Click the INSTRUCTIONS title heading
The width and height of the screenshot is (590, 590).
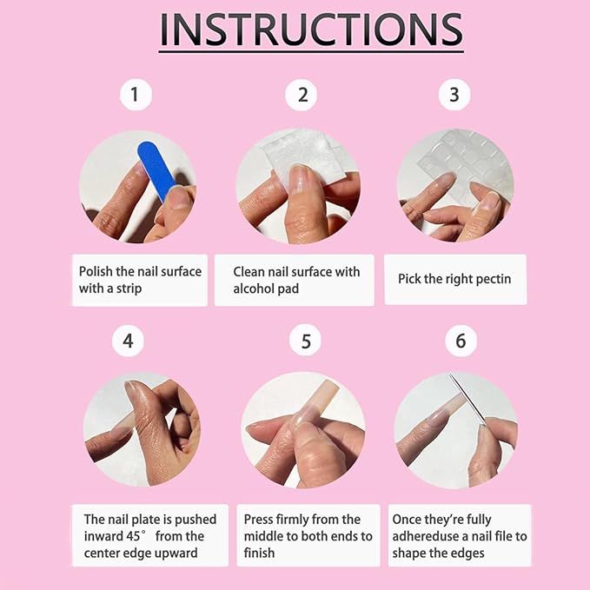[311, 30]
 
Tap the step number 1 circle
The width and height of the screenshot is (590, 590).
[135, 94]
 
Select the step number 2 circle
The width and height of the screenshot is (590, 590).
[302, 94]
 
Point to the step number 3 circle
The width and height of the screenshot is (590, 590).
[454, 94]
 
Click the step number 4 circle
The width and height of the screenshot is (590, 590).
[128, 341]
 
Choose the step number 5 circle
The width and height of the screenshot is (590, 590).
[305, 341]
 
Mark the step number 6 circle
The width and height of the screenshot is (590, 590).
[461, 341]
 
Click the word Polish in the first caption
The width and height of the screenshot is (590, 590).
[96, 271]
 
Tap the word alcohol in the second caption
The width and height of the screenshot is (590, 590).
[254, 288]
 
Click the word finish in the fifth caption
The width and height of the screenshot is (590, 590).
[259, 553]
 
